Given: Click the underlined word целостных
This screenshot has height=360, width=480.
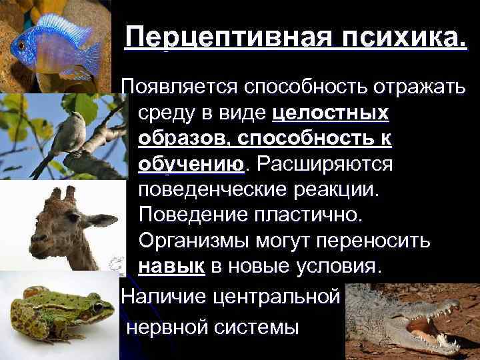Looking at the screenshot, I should coord(331,113).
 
